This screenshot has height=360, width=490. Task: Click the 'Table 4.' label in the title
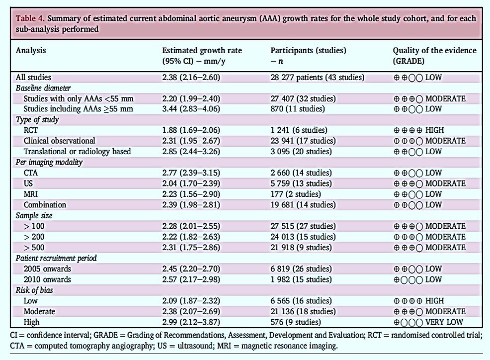30,18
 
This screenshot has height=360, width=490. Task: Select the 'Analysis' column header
31,50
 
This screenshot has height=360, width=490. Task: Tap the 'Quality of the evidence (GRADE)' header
434,55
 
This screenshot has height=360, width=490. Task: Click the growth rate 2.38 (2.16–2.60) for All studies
191,77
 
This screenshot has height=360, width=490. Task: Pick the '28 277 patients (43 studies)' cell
317,77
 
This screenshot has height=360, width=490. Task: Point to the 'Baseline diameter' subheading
43,88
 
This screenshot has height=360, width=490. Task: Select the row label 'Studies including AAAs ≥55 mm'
78,109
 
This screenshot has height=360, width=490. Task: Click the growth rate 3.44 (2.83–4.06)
191,109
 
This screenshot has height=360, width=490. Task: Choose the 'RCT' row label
31,130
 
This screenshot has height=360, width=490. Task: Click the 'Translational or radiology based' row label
77,151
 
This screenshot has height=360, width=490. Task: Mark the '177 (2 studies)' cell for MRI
296,194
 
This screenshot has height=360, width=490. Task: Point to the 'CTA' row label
31,173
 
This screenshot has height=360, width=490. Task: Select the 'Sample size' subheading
34,215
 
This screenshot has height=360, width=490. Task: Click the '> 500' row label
34,248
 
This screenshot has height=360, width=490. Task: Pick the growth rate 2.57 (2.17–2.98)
191,279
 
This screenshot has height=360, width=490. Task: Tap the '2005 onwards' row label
47,269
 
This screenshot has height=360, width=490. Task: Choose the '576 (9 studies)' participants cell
296,322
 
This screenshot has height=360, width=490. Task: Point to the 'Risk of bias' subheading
34,290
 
